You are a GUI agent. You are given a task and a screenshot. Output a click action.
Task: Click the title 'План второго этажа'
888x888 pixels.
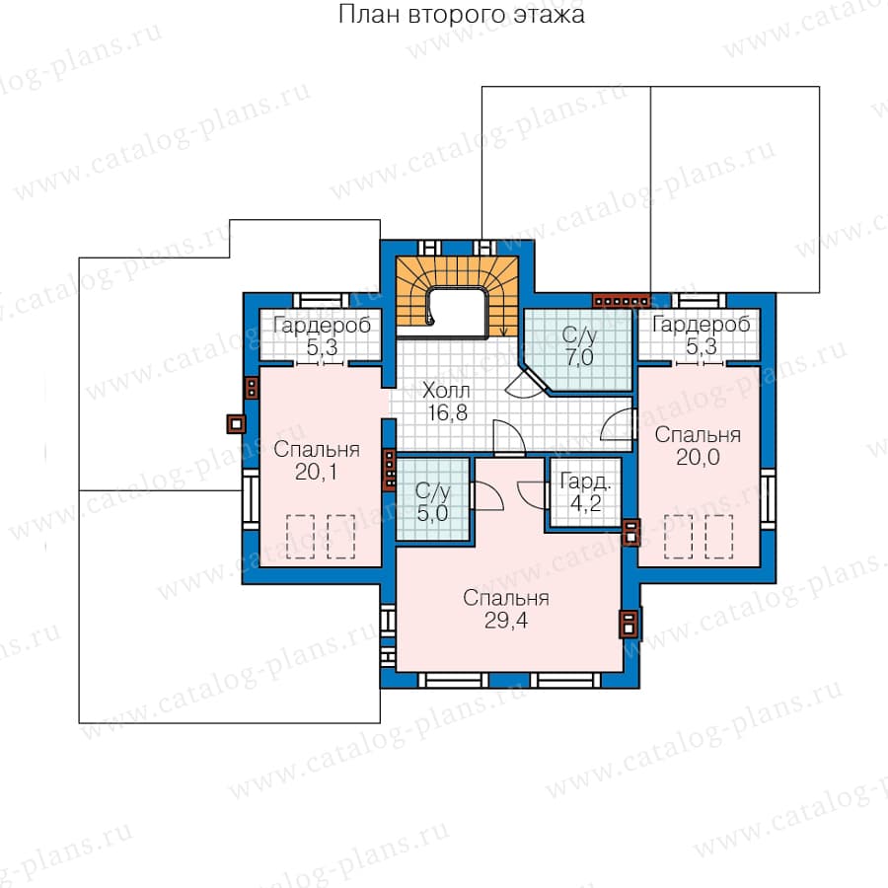coord(462,14)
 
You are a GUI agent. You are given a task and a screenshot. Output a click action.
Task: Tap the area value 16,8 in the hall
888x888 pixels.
coord(447,412)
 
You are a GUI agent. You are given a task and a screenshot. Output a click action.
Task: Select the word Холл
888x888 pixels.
coord(446,390)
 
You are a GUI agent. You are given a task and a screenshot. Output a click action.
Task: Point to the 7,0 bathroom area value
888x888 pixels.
coord(579,357)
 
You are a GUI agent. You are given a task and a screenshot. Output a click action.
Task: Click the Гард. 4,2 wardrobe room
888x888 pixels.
coord(585,492)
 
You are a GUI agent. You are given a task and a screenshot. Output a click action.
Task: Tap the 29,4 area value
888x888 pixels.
coord(506,621)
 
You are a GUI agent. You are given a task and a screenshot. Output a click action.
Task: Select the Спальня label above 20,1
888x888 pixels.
coord(317,449)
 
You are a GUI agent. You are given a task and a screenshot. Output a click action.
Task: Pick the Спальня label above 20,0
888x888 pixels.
coord(698,434)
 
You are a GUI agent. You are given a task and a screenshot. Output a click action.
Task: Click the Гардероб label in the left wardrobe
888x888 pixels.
coord(322,325)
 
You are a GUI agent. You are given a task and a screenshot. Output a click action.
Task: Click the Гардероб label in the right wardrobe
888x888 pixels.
coord(702,324)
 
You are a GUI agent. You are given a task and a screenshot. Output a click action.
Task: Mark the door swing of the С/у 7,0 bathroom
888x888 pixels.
coord(523,383)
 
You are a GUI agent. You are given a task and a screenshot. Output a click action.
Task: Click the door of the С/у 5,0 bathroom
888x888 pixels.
coord(485,496)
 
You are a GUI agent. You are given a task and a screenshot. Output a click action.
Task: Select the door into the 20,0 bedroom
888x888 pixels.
coord(618,423)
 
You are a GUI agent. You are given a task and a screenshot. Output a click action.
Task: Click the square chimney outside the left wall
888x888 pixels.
coord(236,423)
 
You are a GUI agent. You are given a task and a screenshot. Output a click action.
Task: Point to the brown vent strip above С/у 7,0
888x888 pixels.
coord(622,301)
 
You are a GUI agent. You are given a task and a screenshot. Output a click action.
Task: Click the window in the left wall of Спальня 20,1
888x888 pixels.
coord(250,499)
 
